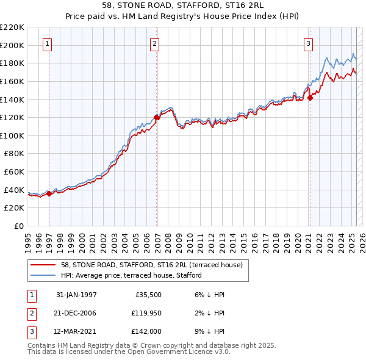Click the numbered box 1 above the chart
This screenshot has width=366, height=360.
[48, 43]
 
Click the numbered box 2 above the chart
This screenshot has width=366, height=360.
[155, 43]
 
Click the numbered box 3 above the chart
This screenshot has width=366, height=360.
[309, 43]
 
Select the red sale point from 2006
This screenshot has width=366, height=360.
[157, 117]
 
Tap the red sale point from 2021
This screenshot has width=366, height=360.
[310, 97]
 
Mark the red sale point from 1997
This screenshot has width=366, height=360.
[49, 193]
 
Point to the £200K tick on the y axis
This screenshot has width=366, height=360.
[12, 45]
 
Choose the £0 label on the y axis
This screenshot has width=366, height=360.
[18, 226]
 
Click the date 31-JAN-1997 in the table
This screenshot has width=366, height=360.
[76, 295]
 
